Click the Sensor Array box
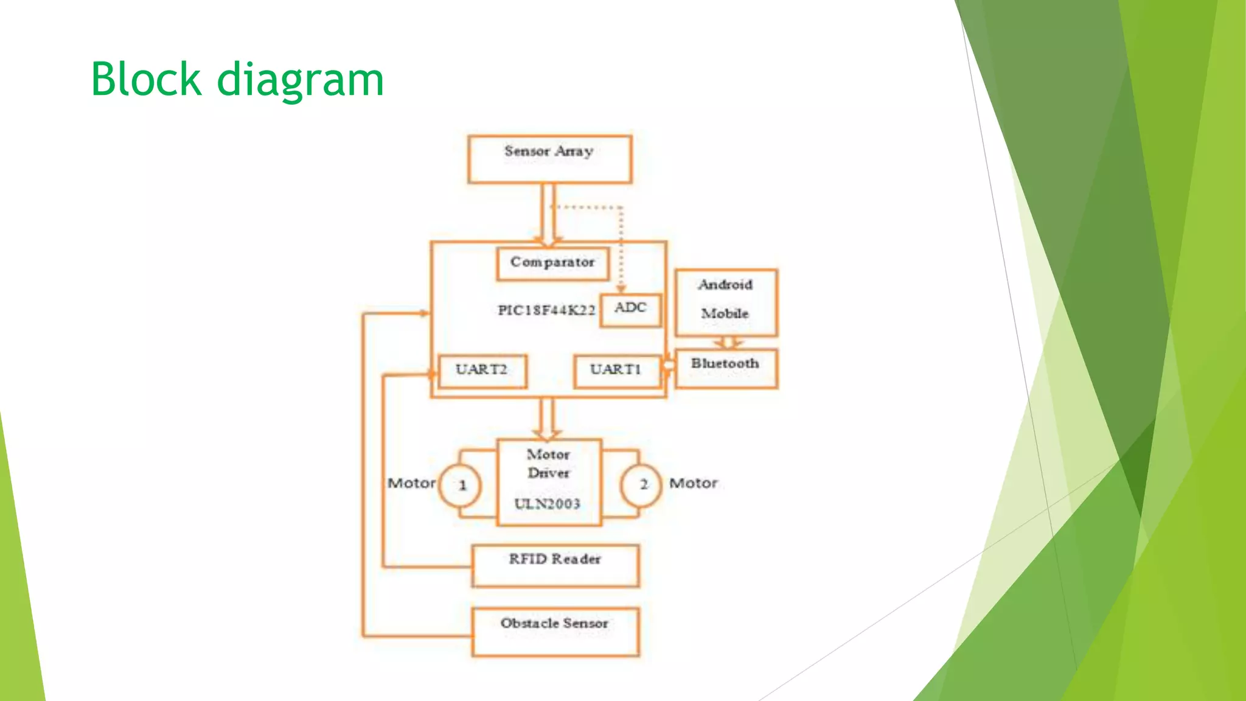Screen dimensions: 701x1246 pyautogui.click(x=549, y=159)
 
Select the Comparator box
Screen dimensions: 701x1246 pyautogui.click(x=552, y=263)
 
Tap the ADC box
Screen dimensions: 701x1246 pyautogui.click(x=630, y=310)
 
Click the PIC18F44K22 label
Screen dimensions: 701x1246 pyautogui.click(x=546, y=310)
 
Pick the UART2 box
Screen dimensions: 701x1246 pyautogui.click(x=482, y=371)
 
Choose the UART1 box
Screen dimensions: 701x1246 pyautogui.click(x=616, y=371)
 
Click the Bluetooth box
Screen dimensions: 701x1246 pyautogui.click(x=726, y=368)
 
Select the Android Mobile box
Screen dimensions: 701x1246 pyautogui.click(x=726, y=302)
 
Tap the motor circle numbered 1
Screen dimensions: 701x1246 pyautogui.click(x=461, y=485)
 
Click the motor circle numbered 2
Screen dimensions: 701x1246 pyautogui.click(x=641, y=484)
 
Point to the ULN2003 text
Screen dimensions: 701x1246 pyautogui.click(x=547, y=504)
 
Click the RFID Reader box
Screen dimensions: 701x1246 pyautogui.click(x=555, y=565)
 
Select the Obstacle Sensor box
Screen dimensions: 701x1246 pyautogui.click(x=555, y=631)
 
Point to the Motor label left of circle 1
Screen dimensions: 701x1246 pyautogui.click(x=411, y=483)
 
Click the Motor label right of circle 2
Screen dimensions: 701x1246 pyautogui.click(x=693, y=483)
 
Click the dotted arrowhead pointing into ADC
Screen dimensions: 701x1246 pyautogui.click(x=621, y=288)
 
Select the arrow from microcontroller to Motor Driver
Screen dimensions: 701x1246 pyautogui.click(x=547, y=419)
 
